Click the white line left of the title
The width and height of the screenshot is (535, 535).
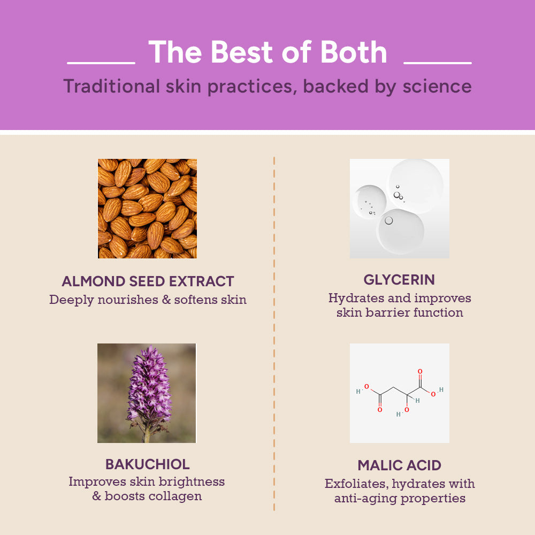[101, 63]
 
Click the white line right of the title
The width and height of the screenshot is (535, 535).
[437, 63]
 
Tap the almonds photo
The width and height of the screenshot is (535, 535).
[147, 209]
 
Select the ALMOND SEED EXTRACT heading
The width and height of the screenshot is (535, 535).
[148, 281]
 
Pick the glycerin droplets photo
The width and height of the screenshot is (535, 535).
[399, 209]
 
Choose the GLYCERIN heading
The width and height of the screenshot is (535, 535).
[399, 280]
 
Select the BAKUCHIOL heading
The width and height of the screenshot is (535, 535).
[147, 464]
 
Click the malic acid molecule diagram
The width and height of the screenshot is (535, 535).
[399, 393]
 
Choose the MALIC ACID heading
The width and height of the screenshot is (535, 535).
[399, 465]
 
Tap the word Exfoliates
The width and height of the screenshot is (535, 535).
[355, 484]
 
